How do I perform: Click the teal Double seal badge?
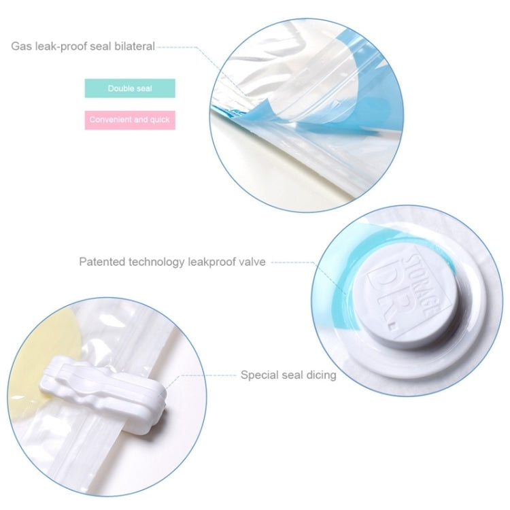(130, 88)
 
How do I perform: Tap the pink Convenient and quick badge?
(130, 120)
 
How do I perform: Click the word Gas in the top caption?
(20, 47)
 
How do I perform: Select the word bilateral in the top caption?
(133, 47)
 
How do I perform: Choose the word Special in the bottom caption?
(260, 375)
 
